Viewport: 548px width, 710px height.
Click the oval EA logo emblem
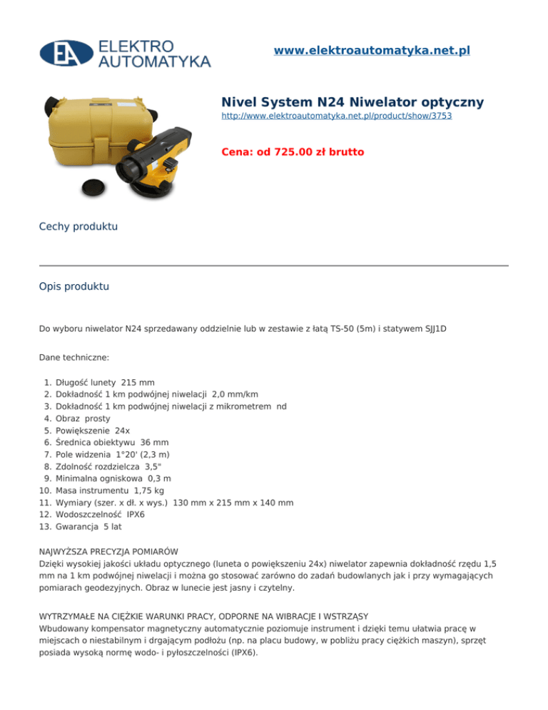[66, 52]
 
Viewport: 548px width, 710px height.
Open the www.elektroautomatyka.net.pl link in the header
[372, 51]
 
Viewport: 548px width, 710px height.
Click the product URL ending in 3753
[337, 114]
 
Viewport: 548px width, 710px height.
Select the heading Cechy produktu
[78, 226]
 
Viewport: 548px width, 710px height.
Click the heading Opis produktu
[74, 286]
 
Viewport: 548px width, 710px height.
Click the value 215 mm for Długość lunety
[138, 382]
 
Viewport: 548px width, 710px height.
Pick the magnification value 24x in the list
[123, 430]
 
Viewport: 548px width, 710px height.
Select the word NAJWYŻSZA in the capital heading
[66, 551]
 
